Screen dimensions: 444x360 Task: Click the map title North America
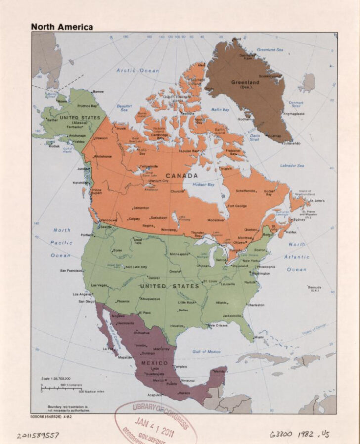point(62,27)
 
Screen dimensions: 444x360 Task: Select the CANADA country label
point(181,176)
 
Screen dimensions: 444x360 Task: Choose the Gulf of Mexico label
point(206,352)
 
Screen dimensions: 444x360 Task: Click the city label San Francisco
point(71,271)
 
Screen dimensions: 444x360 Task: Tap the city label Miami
point(259,337)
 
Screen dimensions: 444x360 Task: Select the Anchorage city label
point(77,135)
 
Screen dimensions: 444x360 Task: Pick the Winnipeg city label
point(168,230)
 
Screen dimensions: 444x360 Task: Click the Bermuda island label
point(315,288)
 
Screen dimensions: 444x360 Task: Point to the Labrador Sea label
point(292,166)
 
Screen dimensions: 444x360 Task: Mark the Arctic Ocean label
point(137,71)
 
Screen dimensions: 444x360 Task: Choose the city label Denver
point(154,278)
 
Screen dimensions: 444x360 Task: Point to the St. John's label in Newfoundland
point(316,201)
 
